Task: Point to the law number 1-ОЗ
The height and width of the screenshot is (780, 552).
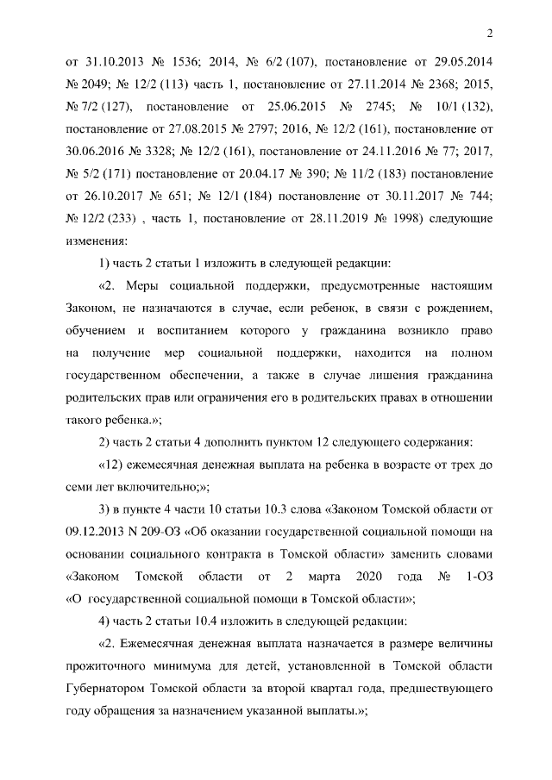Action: pos(475,577)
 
